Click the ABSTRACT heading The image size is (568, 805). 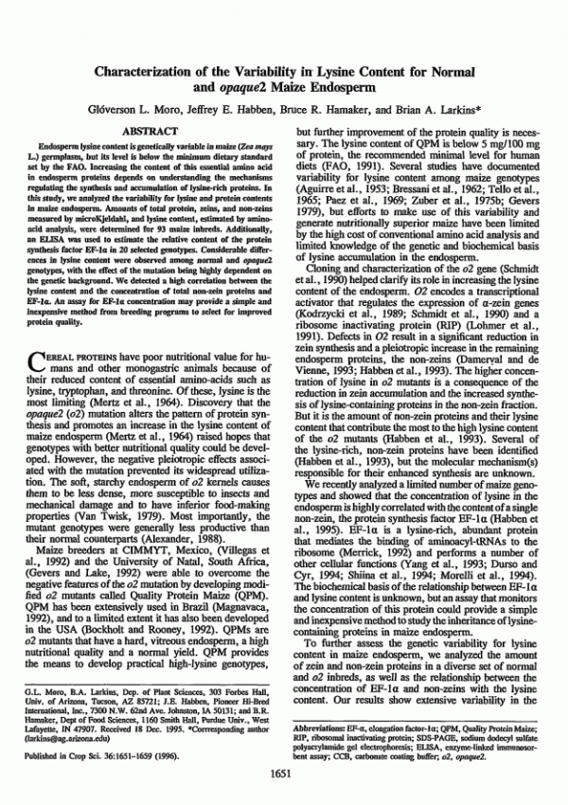[151, 130]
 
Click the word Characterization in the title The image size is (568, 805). [166, 71]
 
